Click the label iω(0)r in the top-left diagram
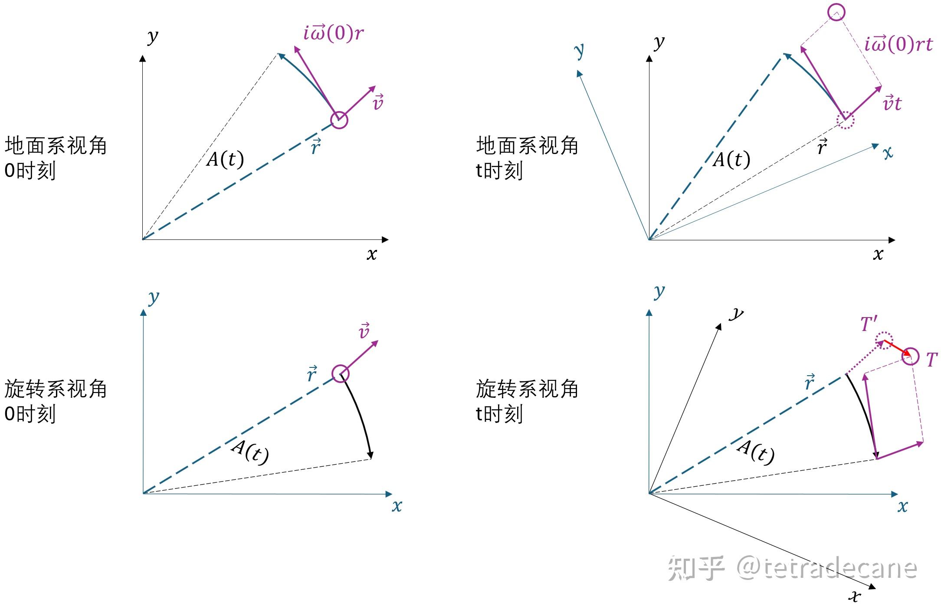coord(333,33)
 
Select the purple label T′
coord(869,324)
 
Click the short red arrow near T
coord(895,347)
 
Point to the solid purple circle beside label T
coord(911,357)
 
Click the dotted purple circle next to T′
coord(884,341)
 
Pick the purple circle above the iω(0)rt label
coord(836,13)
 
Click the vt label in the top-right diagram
coord(892,103)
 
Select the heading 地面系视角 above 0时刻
coord(56,145)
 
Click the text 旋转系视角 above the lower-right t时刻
coord(527,389)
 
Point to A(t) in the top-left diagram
coord(225,159)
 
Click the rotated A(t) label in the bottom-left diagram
coord(250,452)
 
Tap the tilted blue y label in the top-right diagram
coord(579,51)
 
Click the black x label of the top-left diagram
coord(371,254)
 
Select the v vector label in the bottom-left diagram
coord(364,331)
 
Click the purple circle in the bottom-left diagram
coord(341,373)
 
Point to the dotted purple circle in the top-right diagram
coord(845,120)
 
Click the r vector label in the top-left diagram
coord(316,147)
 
